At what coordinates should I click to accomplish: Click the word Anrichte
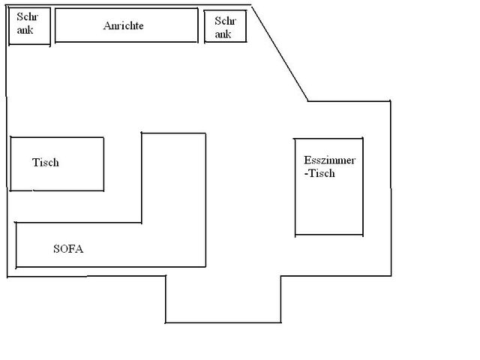pos(123,25)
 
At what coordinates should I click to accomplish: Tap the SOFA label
pos(68,249)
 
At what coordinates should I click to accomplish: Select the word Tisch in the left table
pos(46,162)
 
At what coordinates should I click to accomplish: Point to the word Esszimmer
pos(330,160)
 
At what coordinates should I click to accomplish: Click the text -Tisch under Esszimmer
pos(319,173)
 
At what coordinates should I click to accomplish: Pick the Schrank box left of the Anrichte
pos(30,26)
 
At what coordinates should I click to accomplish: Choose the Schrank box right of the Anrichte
pos(225,26)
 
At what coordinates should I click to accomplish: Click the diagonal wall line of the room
pos(280,53)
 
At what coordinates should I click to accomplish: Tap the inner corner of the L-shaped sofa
pos(142,223)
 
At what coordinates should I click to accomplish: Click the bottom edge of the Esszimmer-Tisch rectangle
pos(329,235)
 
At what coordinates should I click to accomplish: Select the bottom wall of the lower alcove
pos(223,322)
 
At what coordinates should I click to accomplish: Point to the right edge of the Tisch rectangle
pos(103,164)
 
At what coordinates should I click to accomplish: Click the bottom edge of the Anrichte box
pos(127,42)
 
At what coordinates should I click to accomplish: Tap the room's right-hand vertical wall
pos(391,188)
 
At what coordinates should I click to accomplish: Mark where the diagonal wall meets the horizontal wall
pos(308,100)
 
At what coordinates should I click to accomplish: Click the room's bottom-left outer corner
pos(7,277)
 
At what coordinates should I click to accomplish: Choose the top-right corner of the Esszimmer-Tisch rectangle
pos(363,138)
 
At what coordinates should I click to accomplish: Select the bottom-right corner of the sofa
pos(205,267)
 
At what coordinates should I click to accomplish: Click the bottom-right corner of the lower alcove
pos(281,322)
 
